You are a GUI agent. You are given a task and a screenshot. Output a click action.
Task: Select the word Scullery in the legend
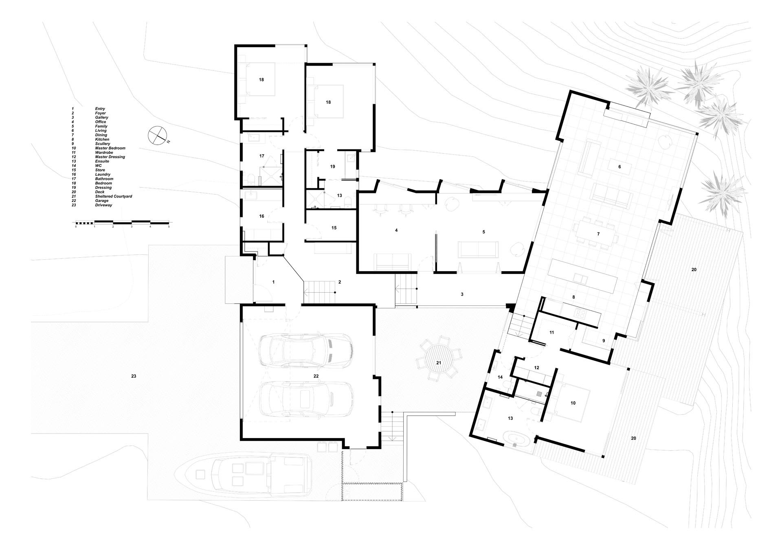[102, 144]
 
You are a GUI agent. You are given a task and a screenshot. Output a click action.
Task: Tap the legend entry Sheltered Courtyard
[113, 196]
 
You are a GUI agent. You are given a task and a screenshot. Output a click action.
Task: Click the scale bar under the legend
[122, 222]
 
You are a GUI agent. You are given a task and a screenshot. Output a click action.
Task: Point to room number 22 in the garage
[316, 376]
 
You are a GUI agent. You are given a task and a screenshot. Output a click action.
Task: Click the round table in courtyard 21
[439, 362]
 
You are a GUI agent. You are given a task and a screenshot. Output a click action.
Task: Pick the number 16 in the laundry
[262, 216]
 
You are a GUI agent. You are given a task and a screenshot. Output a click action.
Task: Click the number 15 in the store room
[334, 228]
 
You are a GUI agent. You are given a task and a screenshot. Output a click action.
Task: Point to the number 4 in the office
[396, 230]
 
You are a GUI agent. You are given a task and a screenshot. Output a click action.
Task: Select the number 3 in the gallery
[462, 294]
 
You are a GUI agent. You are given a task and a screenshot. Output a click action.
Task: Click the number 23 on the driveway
[134, 376]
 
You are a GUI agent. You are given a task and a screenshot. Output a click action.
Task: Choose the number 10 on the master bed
[573, 403]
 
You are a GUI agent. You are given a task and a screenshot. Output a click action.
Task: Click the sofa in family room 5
[478, 250]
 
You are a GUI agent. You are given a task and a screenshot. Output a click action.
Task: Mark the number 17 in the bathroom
[262, 156]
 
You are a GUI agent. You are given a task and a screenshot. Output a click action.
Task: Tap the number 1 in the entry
[274, 282]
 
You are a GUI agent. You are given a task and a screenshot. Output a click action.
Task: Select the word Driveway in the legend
[103, 205]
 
